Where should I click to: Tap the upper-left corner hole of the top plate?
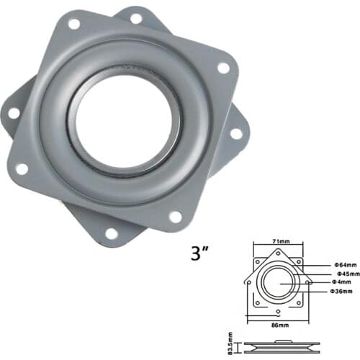(73, 24)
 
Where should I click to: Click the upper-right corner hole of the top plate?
(223, 68)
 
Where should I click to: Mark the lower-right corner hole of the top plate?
(175, 216)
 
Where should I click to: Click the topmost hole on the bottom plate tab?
(135, 17)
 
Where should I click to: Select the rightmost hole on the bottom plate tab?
(235, 134)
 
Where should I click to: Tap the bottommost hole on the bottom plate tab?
(111, 233)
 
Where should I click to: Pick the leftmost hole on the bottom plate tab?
(13, 113)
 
